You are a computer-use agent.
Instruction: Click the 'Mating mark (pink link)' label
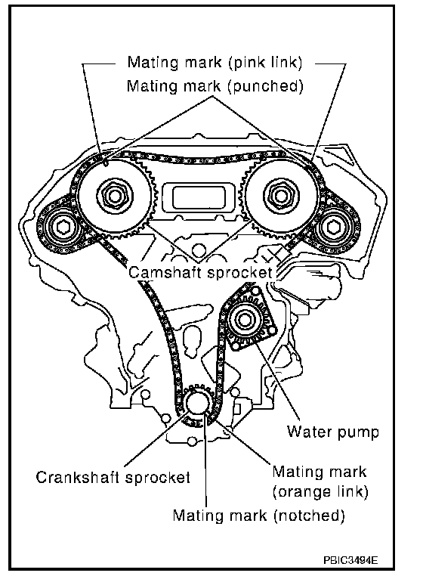coord(215,62)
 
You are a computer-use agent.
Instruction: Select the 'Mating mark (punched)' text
coord(215,86)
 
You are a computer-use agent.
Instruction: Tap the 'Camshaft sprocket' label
coord(201,272)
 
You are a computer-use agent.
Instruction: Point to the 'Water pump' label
coord(332,432)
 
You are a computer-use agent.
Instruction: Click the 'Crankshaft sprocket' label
coord(113,477)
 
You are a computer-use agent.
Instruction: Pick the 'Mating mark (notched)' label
coord(259,516)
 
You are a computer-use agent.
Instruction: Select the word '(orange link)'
coord(320,492)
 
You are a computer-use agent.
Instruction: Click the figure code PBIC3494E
coord(350,560)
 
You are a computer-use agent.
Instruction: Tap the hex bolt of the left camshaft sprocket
coord(115,195)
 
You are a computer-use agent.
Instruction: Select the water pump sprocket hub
coord(244,319)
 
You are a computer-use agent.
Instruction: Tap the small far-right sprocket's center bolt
coord(333,228)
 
